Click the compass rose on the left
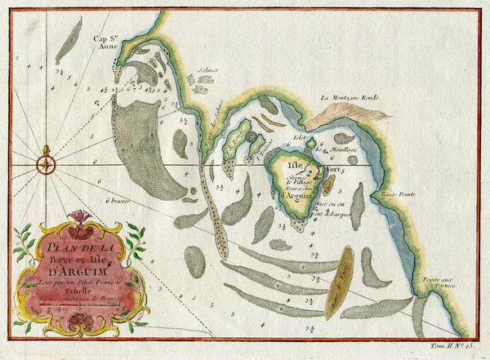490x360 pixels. (47, 164)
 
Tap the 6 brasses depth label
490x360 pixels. (118, 201)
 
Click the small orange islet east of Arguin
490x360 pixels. (328, 185)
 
